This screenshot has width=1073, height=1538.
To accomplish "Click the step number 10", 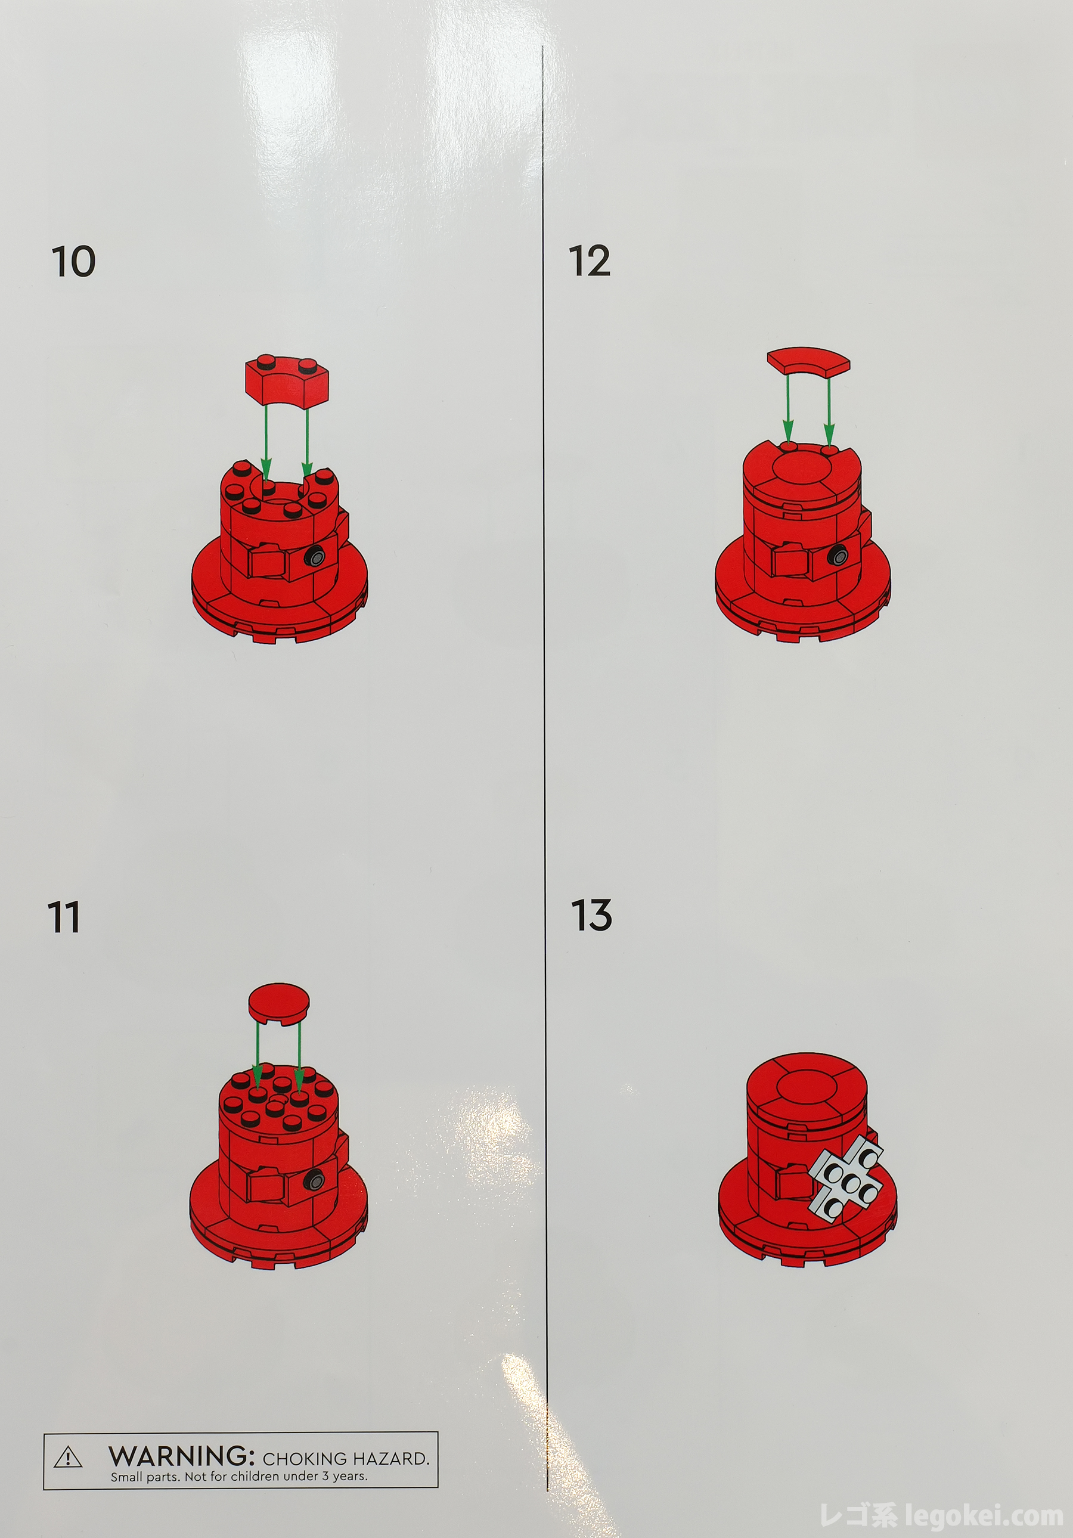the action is tap(74, 261).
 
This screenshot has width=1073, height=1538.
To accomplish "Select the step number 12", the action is tap(590, 261).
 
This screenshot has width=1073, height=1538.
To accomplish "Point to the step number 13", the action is tap(591, 916).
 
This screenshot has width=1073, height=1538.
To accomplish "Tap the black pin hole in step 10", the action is tap(315, 557).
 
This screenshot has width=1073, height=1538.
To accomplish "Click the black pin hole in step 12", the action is tap(837, 554).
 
